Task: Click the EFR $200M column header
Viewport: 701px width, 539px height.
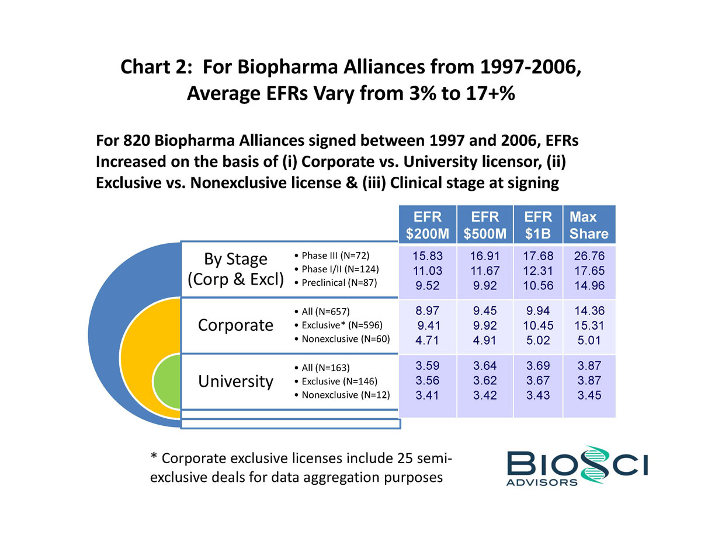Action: coord(427,226)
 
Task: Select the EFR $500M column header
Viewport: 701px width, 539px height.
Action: coord(485,226)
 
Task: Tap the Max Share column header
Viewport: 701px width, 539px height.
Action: coord(589,226)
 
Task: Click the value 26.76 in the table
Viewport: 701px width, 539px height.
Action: coord(589,256)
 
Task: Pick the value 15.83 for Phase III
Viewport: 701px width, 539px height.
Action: coord(427,256)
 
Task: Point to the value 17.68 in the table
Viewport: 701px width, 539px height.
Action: coord(538,256)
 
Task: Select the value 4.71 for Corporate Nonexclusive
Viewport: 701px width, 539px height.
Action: coord(427,339)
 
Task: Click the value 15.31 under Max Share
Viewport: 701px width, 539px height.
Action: coord(589,325)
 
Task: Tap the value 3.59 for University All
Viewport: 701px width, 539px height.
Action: coord(427,366)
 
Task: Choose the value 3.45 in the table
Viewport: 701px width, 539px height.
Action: coord(589,395)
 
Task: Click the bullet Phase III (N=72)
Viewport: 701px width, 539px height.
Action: coord(333,256)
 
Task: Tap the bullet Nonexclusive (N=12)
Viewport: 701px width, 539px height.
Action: coord(342,395)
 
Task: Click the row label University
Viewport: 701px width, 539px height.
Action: coord(236,381)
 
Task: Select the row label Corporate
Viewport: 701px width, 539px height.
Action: coord(236,325)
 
